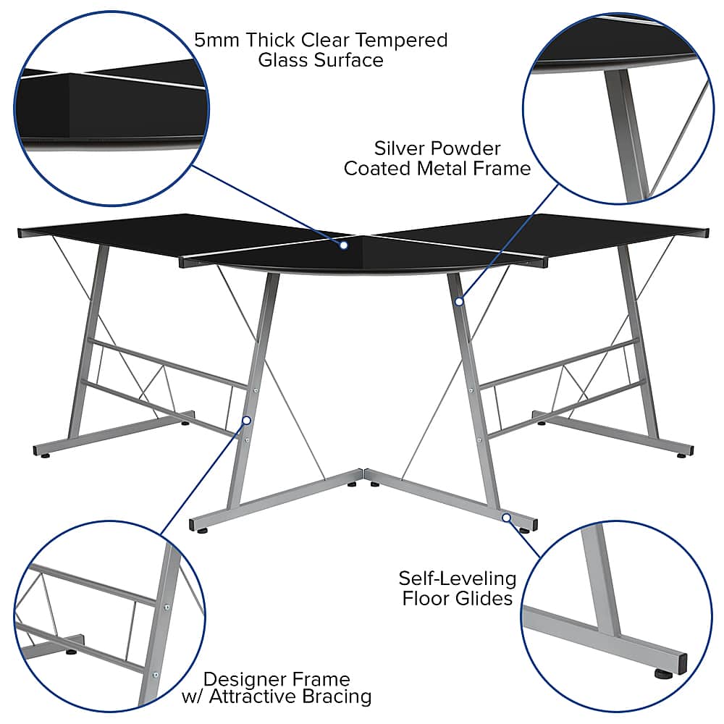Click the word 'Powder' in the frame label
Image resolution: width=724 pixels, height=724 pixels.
(x=467, y=149)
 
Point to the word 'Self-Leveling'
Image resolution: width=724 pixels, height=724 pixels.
(x=458, y=578)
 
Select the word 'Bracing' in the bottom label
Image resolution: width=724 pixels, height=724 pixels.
(x=339, y=697)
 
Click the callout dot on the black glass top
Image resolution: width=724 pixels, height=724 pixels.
(x=344, y=245)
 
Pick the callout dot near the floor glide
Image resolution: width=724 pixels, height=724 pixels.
(x=506, y=518)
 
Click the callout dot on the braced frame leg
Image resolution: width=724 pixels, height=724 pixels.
(x=246, y=420)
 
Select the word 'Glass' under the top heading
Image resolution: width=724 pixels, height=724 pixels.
(x=283, y=60)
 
